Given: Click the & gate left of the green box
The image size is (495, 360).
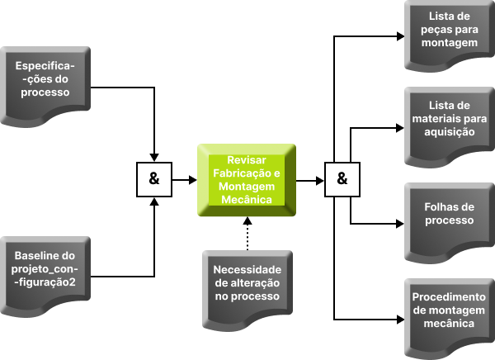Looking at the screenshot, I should point(154,179).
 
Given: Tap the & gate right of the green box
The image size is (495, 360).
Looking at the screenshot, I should point(342,179).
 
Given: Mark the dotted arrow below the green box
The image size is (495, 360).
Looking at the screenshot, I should point(247,234).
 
